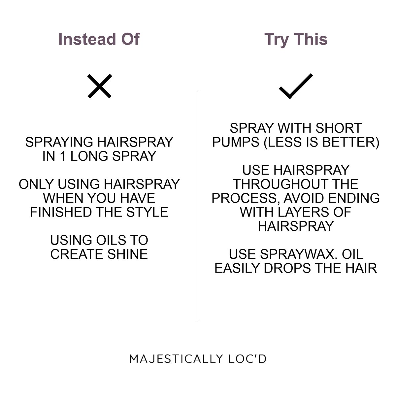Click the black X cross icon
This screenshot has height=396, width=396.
[x=100, y=86]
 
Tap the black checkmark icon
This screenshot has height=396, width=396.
[x=296, y=86]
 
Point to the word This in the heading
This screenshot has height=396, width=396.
[x=311, y=39]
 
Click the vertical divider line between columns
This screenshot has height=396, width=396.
[x=198, y=205]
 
